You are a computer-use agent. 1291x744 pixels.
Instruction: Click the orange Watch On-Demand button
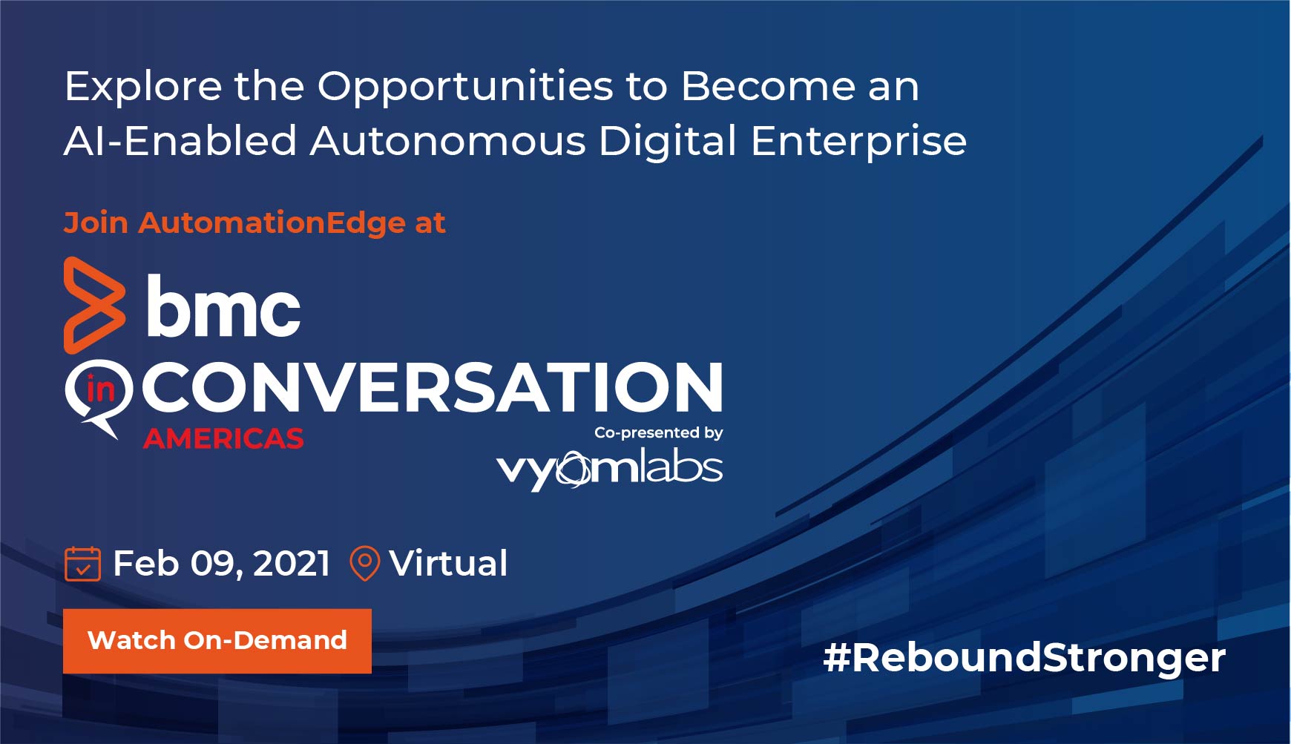point(217,641)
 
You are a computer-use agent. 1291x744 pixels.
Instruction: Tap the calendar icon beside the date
point(82,564)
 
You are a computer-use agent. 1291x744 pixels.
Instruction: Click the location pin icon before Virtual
point(364,564)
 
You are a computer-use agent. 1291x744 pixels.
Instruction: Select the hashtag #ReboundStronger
point(1024,658)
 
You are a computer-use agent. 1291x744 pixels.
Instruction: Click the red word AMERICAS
point(223,439)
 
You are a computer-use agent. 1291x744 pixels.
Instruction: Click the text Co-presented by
point(659,432)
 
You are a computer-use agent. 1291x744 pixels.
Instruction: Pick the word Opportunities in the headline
point(466,87)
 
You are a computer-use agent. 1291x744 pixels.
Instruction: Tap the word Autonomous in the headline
point(448,140)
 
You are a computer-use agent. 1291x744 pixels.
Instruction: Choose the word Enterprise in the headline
point(858,142)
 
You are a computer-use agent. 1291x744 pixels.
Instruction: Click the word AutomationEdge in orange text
point(272,223)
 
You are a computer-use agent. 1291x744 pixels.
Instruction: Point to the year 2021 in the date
point(292,564)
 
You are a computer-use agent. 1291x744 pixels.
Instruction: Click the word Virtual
point(449,563)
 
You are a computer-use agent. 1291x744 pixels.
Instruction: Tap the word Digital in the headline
point(668,142)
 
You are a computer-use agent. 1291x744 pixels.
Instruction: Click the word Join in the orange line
point(96,223)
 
